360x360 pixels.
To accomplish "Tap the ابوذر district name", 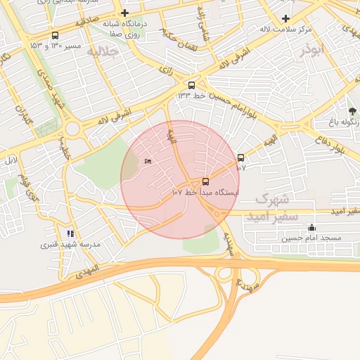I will click(x=313, y=51).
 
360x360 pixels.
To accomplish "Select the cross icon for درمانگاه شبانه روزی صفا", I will click(x=124, y=13).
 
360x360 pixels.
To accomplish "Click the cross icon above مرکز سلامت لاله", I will click(x=285, y=18).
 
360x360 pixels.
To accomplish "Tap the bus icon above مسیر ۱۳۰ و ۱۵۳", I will click(x=56, y=35).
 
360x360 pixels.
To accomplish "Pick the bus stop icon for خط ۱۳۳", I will click(x=192, y=85).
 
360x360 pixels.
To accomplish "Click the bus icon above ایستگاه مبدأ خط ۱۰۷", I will click(x=205, y=181).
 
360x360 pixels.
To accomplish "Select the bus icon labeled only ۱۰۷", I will click(x=241, y=158).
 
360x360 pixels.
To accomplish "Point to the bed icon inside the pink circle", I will click(x=147, y=162).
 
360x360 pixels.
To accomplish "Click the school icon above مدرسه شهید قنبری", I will click(x=70, y=233).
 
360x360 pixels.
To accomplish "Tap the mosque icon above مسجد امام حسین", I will click(x=311, y=228).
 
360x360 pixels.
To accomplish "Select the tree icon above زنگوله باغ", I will click(x=352, y=111).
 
